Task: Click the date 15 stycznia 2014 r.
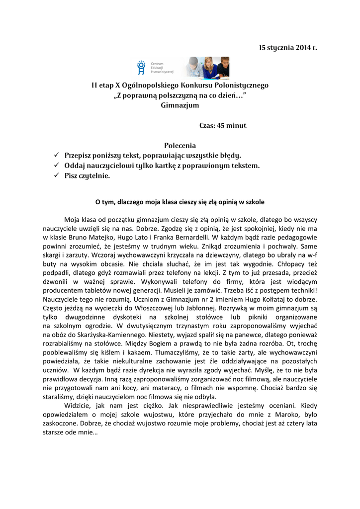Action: pos(287,48)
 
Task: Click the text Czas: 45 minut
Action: pos(223,126)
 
